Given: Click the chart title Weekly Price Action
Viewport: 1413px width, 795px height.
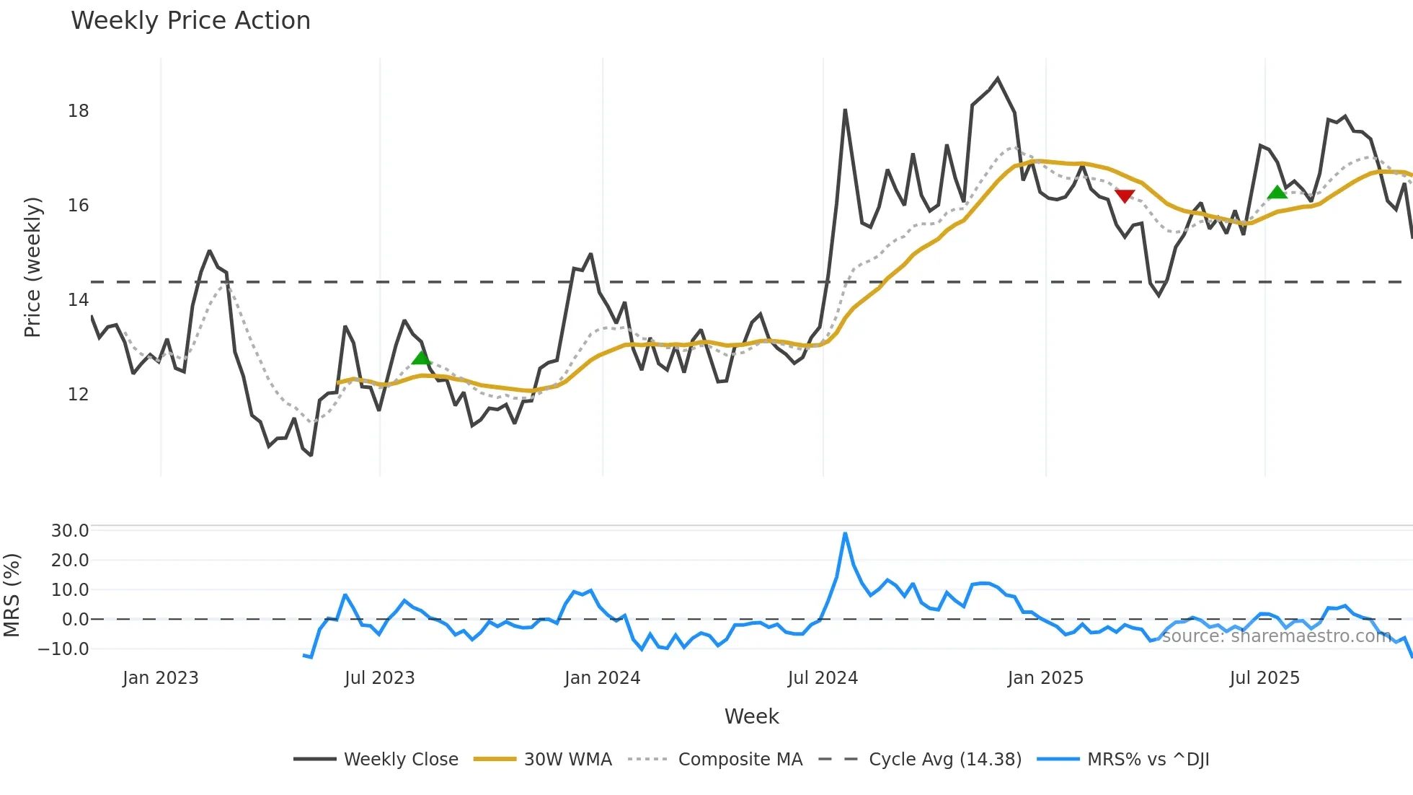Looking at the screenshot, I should tap(190, 21).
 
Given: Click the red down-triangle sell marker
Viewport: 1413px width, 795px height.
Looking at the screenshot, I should tap(1125, 196).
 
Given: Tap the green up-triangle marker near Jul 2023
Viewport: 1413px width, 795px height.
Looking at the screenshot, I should tap(421, 358).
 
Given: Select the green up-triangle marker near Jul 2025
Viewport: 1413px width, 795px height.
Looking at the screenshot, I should tap(1277, 192).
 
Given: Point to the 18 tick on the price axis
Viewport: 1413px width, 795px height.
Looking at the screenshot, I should tap(79, 111).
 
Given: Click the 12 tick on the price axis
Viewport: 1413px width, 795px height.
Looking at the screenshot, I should tap(79, 395).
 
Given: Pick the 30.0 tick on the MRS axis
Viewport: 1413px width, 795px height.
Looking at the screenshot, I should tap(70, 531).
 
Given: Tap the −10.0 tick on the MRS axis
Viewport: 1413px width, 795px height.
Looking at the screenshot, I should tap(64, 649).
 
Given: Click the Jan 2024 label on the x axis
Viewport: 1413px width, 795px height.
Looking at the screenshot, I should tap(602, 678).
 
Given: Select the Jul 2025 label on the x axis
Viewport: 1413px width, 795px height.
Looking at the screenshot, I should tap(1264, 678).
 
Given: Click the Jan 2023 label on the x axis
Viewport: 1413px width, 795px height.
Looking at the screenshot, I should tap(160, 678).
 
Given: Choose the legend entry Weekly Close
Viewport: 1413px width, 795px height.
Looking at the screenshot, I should tap(401, 760).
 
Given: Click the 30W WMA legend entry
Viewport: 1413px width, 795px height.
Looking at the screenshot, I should tap(567, 760).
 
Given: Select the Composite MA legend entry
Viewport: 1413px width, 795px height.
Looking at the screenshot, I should tap(740, 760).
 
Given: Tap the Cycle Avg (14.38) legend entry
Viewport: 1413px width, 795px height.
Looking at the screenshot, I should tap(944, 760).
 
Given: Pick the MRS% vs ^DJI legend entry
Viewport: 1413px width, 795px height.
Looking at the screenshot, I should tap(1148, 760).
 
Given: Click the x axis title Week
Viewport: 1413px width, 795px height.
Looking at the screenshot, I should tap(751, 716).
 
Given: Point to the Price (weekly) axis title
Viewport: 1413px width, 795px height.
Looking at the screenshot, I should tap(32, 267).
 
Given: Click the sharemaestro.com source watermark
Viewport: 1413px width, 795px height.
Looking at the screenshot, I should tap(1276, 636).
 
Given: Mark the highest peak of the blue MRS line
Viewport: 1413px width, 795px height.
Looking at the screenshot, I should tap(845, 534).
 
